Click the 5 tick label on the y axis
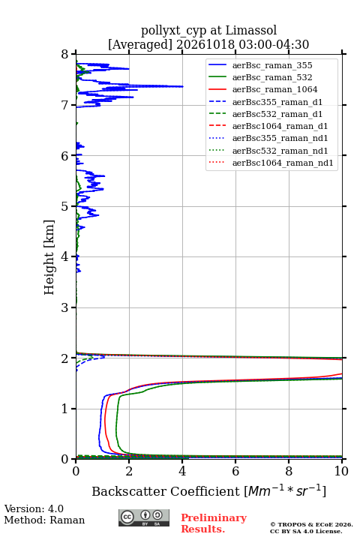(65, 207)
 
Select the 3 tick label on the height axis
(65, 307)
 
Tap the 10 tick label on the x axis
(341, 471)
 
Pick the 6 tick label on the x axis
(235, 471)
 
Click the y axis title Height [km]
(49, 257)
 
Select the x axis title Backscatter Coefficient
(165, 491)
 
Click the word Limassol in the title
(250, 31)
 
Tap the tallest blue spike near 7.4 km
(183, 86)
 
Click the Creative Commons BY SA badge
(144, 517)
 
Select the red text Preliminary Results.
(214, 523)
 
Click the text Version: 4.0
(34, 508)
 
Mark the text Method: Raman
(44, 520)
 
